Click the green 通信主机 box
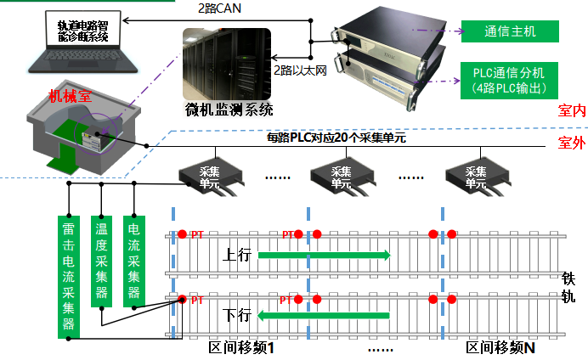[510, 31]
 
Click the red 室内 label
[572, 110]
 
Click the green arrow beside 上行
[324, 254]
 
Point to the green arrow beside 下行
[324, 316]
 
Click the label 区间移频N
[501, 349]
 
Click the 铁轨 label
[569, 287]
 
